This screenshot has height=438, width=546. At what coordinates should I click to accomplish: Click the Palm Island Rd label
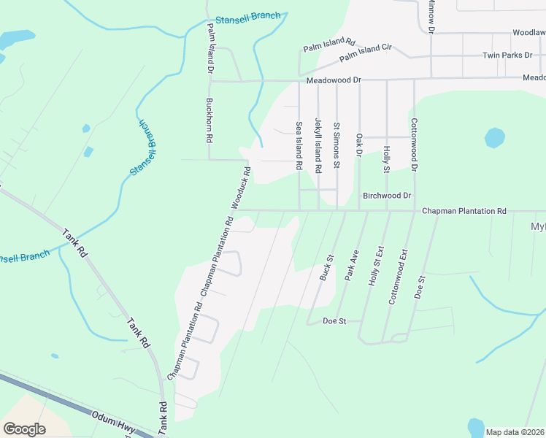[x=328, y=45]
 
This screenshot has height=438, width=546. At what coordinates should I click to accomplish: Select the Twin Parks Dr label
[x=507, y=55]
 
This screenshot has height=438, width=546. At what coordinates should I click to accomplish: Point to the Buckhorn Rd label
[x=209, y=120]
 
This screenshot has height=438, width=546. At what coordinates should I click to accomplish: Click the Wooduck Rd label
[x=241, y=188]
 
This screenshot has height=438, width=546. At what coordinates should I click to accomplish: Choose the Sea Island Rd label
[x=299, y=146]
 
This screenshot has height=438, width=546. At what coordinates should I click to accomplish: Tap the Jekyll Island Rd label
[x=318, y=145]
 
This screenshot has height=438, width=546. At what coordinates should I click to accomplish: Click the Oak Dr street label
[x=358, y=145]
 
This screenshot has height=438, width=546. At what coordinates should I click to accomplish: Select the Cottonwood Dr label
[x=413, y=145]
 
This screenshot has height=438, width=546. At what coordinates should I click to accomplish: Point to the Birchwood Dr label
[x=387, y=196]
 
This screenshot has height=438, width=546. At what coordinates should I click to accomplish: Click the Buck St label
[x=326, y=268]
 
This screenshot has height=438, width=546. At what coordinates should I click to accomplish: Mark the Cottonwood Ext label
[x=399, y=277]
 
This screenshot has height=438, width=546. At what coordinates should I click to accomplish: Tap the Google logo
[x=24, y=429]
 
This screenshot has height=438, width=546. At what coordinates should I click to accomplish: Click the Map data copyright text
[x=515, y=432]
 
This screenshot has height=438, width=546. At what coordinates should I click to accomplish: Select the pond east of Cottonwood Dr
[x=494, y=137]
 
